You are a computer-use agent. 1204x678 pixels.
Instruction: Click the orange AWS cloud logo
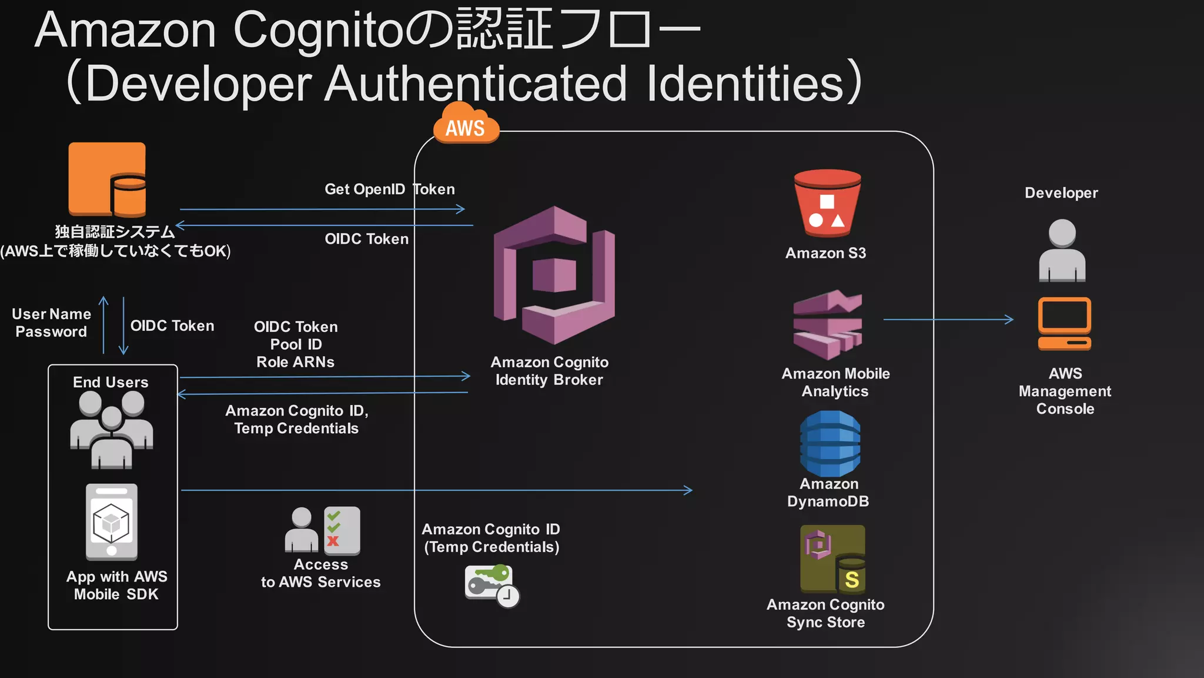pos(466,125)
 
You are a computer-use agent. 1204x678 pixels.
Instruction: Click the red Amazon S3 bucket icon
pos(827,203)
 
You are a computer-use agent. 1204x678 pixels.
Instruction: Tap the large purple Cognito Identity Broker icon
pos(554,275)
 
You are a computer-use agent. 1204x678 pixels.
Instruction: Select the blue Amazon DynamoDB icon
pos(830,443)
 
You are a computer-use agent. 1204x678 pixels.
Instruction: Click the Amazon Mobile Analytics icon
pos(827,324)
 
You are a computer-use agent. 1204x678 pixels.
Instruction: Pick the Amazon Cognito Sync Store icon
pos(832,559)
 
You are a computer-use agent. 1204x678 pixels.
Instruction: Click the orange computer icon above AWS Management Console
pos(1064,323)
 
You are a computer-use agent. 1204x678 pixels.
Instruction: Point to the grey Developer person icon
pos(1062,250)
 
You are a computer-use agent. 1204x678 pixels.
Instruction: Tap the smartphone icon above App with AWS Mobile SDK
pos(112,522)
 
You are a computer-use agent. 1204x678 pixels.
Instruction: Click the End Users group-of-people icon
pos(112,429)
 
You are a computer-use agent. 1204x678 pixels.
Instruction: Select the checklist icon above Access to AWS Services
pos(341,530)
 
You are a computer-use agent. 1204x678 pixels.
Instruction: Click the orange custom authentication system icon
pos(107,180)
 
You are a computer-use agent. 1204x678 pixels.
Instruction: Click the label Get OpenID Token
pos(390,190)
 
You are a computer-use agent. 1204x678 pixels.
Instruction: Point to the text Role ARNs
pos(295,362)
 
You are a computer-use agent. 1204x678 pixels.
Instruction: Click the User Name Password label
pos(51,323)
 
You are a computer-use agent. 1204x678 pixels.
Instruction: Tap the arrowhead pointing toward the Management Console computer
pos(1009,320)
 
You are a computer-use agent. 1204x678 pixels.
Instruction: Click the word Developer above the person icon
pos(1061,193)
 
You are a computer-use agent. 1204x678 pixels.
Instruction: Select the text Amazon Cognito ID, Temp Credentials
pos(296,419)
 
